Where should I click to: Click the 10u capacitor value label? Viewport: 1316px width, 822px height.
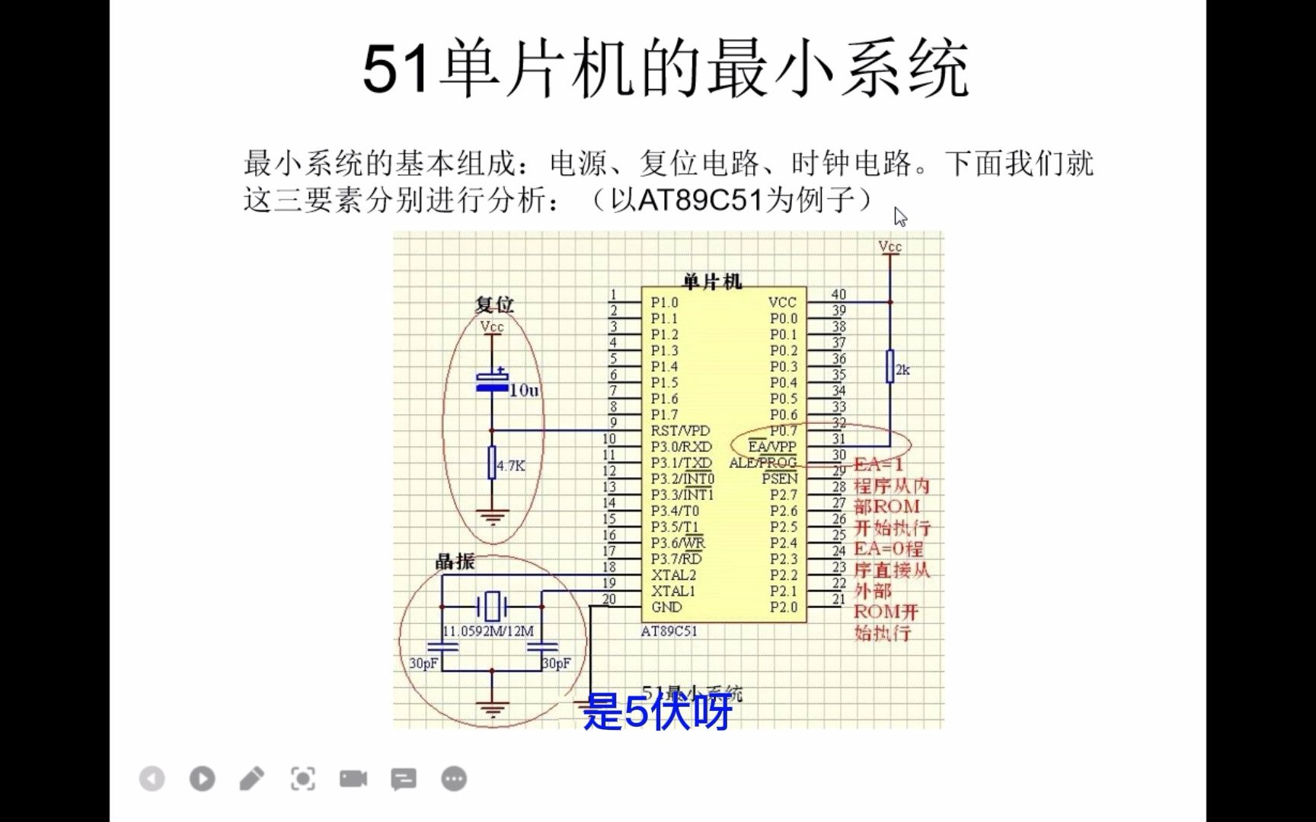pos(524,390)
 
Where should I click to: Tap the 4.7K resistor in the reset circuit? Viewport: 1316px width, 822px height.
pos(492,463)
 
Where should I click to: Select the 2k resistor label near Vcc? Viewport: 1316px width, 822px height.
pos(902,370)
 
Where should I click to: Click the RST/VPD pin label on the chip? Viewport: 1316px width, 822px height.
pos(679,431)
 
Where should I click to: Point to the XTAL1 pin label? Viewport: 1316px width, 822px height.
pos(673,591)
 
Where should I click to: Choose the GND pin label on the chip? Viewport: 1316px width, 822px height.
pos(666,607)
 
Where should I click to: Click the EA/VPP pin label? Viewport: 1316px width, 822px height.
pos(771,447)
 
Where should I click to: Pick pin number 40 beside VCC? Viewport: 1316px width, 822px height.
pos(838,295)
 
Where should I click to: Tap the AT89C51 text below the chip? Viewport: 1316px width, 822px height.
pos(669,631)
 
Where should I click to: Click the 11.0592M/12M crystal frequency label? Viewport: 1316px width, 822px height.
pos(488,631)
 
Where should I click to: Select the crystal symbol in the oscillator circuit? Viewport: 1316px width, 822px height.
pos(492,607)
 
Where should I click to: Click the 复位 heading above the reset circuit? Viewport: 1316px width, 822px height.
pos(494,304)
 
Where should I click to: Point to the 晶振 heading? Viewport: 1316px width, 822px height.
pos(455,562)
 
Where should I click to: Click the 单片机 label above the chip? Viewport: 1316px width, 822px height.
pos(712,282)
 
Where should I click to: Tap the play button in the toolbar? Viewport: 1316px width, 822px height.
pos(202,779)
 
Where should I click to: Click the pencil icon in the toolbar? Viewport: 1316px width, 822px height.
pos(252,779)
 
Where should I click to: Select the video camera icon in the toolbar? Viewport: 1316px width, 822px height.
pos(353,779)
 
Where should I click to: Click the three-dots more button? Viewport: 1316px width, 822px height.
pos(454,779)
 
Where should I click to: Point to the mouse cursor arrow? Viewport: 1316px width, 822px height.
pos(900,217)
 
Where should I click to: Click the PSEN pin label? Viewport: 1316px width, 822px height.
pos(779,479)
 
